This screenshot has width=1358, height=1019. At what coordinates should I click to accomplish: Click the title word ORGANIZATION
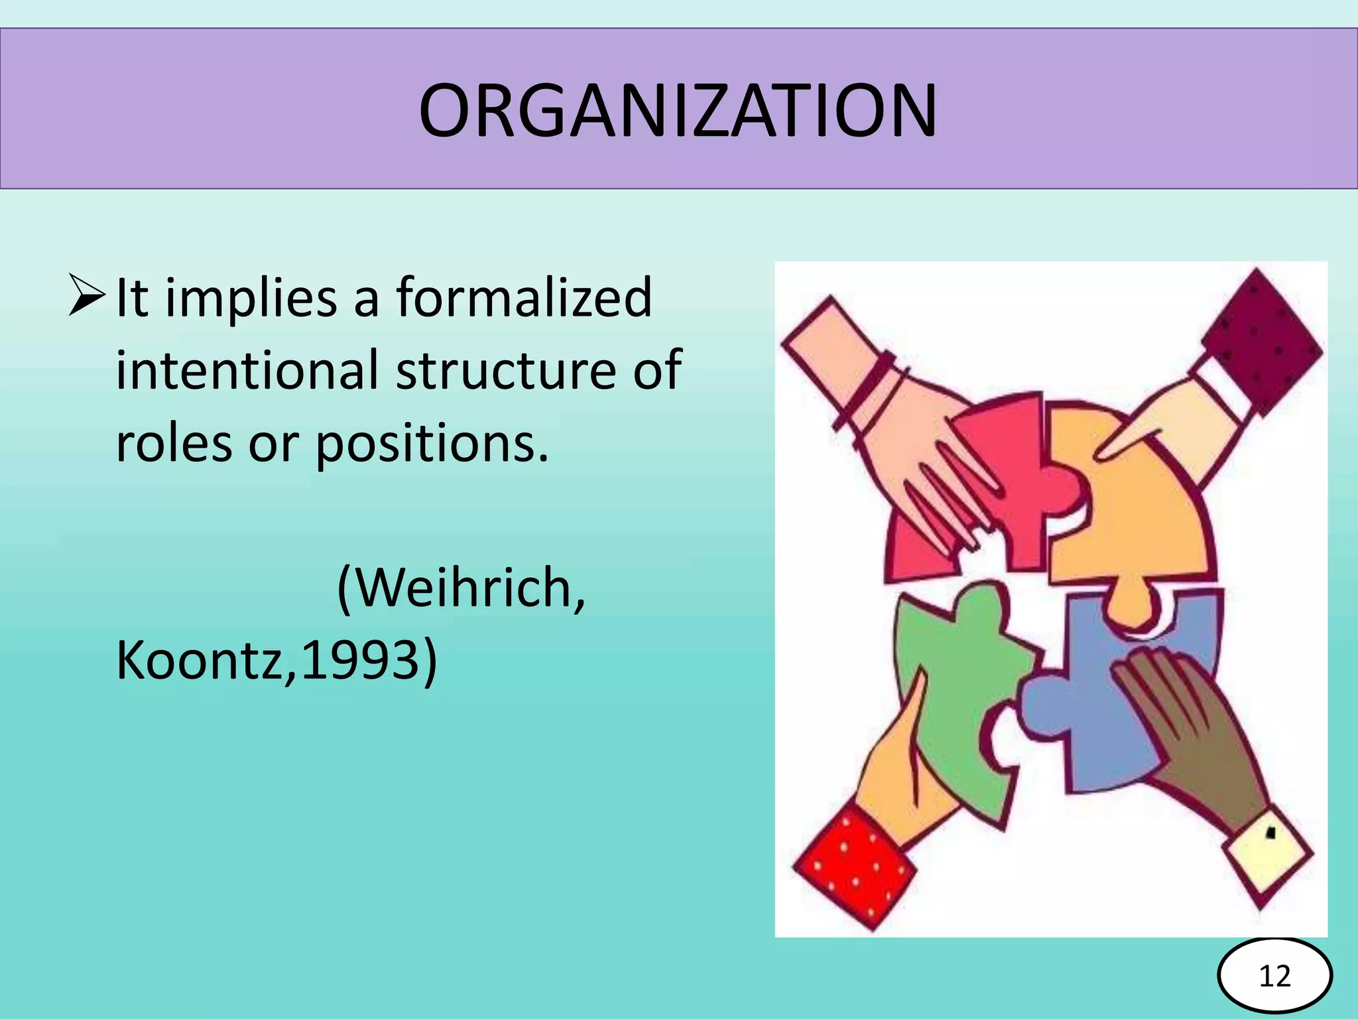coord(678,110)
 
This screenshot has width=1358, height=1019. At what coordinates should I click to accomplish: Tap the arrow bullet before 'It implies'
coord(86,297)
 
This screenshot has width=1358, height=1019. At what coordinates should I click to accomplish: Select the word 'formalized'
coord(524,299)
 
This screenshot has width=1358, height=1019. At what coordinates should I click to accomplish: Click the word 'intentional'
coord(247,370)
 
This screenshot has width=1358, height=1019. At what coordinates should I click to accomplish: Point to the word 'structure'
coord(506,370)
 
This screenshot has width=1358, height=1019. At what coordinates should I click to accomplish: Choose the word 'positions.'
coord(432,444)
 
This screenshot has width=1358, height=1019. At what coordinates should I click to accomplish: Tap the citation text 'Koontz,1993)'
coord(277,661)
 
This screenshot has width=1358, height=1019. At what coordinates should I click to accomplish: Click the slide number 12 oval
coord(1274,976)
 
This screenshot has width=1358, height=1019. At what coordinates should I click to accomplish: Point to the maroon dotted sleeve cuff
coord(1260,338)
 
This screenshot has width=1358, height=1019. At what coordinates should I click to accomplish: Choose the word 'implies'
coord(251,299)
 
